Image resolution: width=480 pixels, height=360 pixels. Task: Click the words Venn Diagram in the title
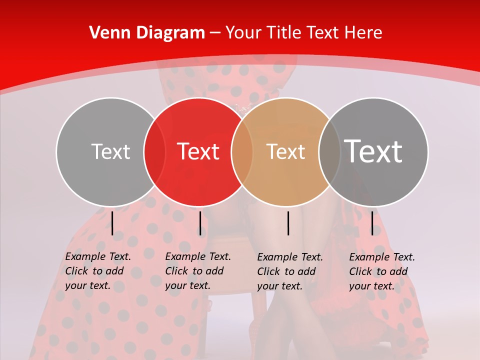click(147, 33)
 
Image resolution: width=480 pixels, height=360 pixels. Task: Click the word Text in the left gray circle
click(110, 151)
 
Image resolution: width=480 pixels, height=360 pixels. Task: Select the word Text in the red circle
click(198, 151)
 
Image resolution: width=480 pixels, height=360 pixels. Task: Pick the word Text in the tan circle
click(285, 151)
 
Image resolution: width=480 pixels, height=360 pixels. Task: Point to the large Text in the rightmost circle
click(373, 151)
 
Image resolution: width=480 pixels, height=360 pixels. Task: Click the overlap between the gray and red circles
click(154, 152)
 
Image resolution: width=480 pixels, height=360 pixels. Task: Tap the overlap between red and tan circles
click(242, 152)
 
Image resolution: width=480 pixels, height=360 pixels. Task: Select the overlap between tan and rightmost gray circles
click(329, 152)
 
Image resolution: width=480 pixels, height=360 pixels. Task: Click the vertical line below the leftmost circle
click(112, 223)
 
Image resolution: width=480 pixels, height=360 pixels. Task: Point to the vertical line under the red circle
click(200, 223)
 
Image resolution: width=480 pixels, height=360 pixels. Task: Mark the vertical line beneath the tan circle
click(288, 223)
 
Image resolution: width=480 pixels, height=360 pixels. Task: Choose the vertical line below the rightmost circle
click(372, 223)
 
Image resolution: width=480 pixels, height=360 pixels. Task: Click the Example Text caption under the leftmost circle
click(98, 271)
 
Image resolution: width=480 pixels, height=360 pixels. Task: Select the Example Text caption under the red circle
click(198, 271)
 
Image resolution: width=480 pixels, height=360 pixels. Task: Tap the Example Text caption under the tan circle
click(290, 271)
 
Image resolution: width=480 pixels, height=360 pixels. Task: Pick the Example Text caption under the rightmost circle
click(382, 271)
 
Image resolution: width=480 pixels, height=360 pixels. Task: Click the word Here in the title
click(365, 33)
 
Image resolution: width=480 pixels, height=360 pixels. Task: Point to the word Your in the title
click(244, 33)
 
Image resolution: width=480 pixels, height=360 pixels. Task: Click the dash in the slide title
click(215, 33)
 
